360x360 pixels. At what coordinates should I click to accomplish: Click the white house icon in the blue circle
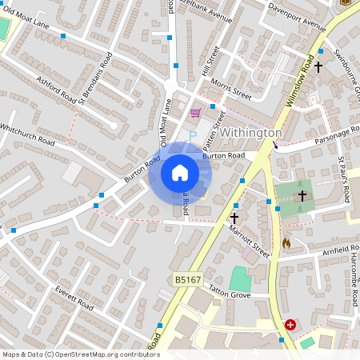point(179,172)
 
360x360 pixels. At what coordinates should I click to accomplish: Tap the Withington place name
point(250,132)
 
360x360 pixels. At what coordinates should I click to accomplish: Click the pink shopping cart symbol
point(195,113)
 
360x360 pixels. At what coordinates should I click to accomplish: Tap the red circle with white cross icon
point(290,325)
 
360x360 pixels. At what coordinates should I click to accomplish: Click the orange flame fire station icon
point(286,242)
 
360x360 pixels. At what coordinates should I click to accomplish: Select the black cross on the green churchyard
point(302,195)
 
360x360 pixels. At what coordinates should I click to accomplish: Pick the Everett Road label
point(74,300)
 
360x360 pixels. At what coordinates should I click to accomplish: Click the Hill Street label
point(211,62)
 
